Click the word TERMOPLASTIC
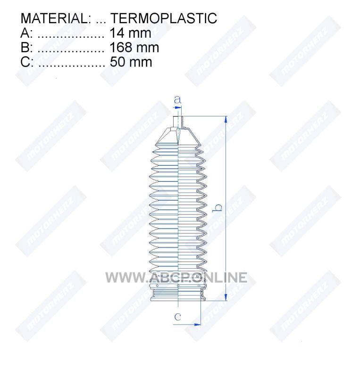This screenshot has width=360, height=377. tap(164, 18)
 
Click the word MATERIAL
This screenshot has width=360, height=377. tap(54, 18)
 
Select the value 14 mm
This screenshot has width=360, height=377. tap(131, 33)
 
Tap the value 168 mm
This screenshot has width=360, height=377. tap(134, 48)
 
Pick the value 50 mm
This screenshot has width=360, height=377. tap(131, 62)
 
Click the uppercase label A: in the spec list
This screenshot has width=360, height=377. tap(26, 33)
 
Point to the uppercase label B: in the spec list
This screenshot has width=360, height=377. tap(26, 48)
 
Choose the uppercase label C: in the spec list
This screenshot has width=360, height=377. tap(27, 62)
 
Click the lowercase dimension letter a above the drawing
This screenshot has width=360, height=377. tap(178, 99)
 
